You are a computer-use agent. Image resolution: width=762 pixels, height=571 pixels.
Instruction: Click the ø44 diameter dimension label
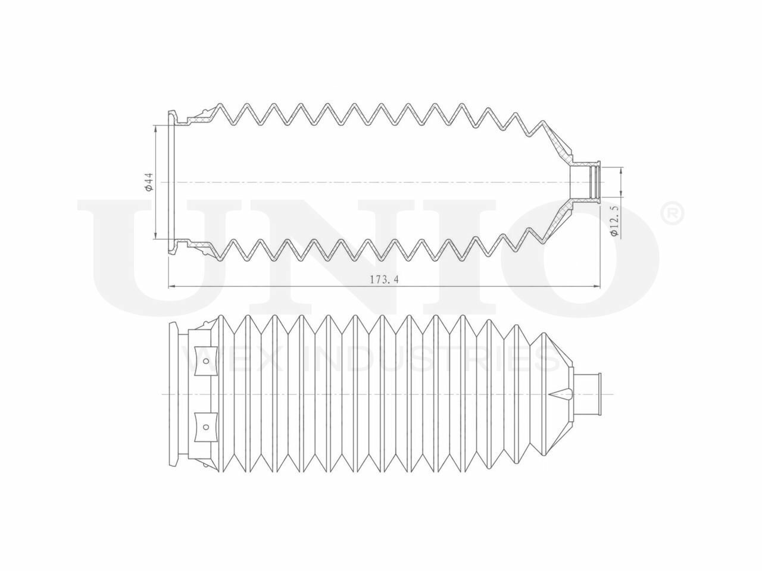click(x=149, y=182)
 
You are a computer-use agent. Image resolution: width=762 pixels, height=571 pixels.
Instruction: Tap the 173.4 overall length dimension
click(x=384, y=280)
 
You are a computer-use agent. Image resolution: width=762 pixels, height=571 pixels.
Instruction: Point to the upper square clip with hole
click(x=205, y=360)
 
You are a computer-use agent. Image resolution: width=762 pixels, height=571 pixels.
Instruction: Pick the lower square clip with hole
click(x=205, y=426)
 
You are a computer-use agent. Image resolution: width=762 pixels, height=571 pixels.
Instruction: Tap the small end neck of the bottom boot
click(x=588, y=394)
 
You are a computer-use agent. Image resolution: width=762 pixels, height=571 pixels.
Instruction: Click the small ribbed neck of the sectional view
click(x=587, y=182)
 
